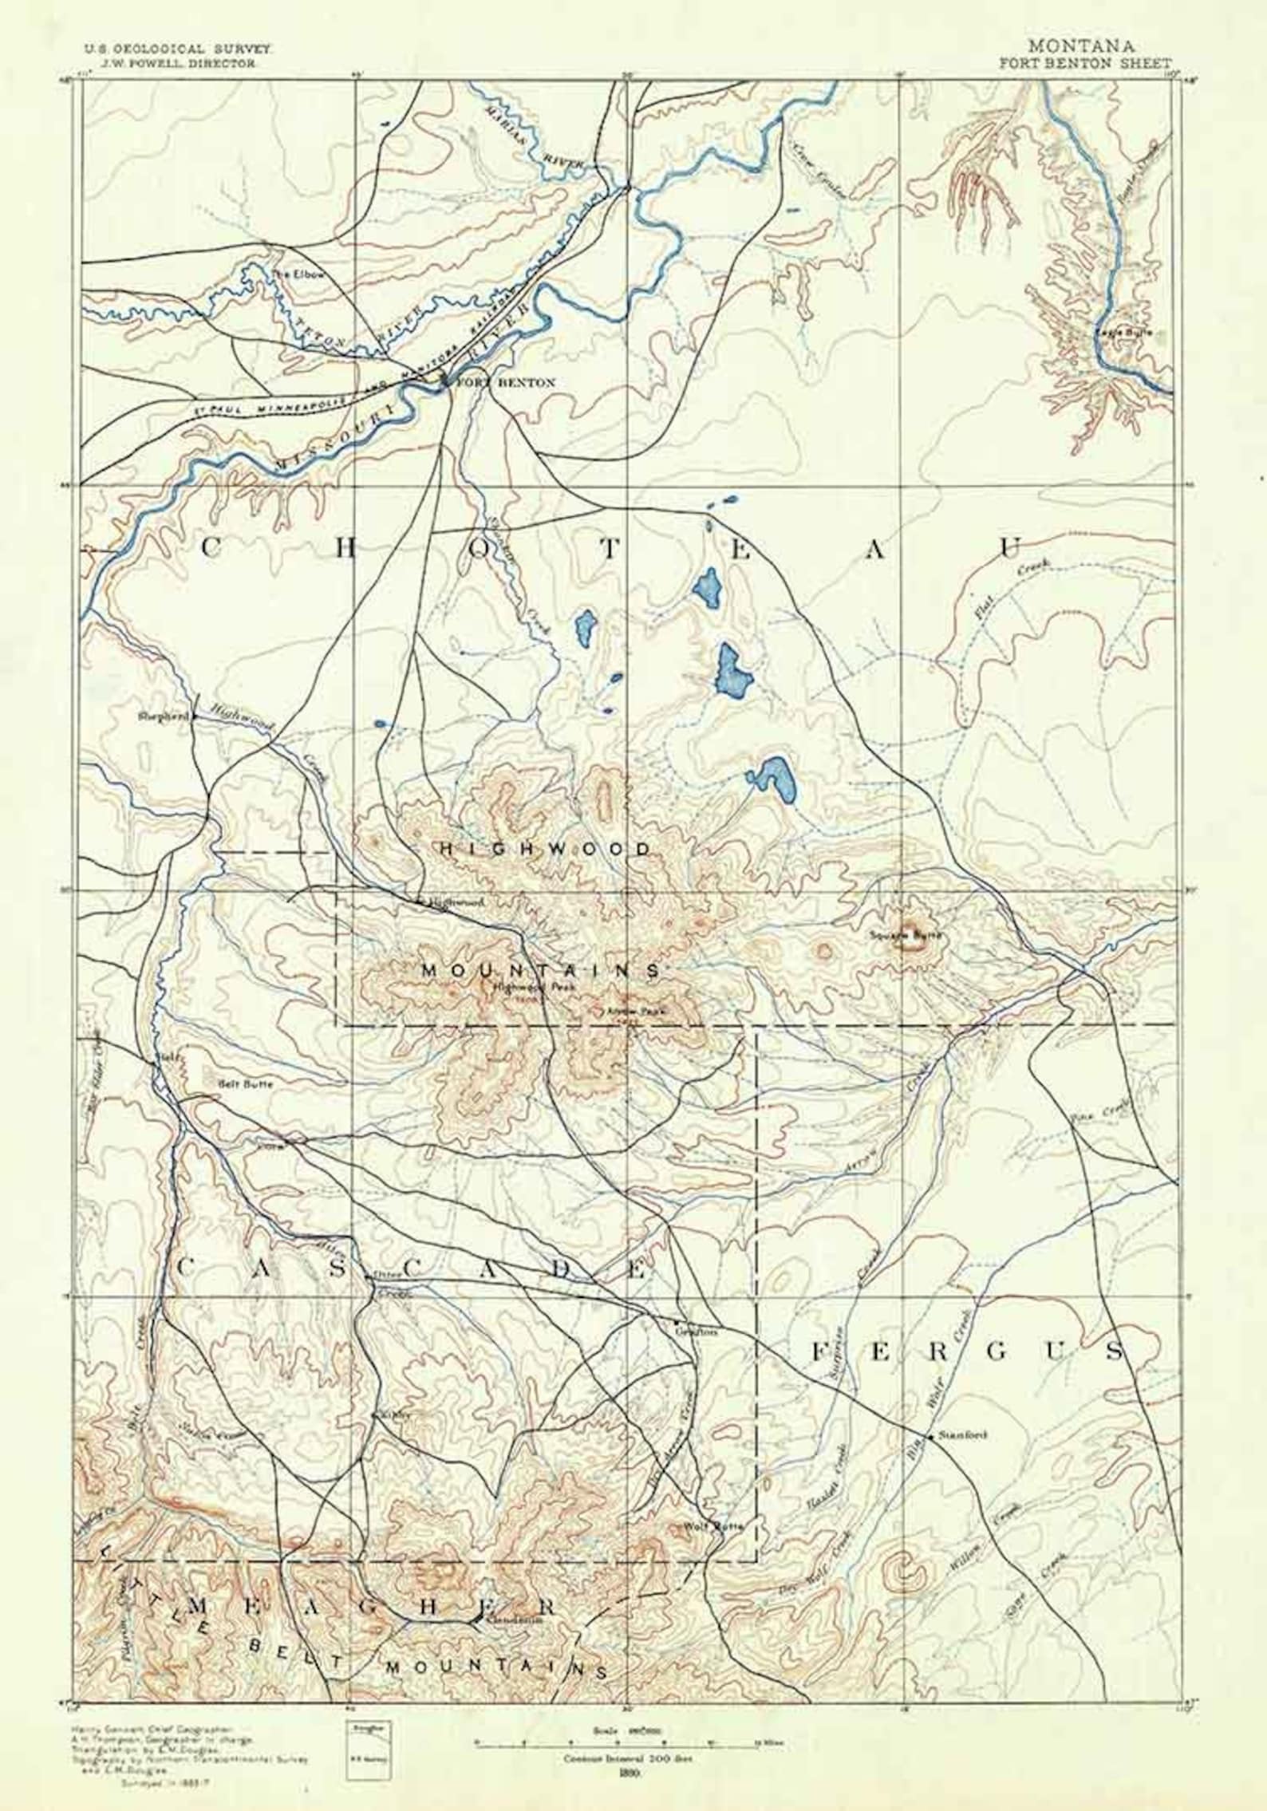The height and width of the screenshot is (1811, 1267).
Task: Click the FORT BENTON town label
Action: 505,383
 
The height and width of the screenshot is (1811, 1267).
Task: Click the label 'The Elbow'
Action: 288,274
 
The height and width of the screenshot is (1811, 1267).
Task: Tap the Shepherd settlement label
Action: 163,716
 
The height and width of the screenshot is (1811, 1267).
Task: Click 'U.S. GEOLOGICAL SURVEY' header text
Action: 179,49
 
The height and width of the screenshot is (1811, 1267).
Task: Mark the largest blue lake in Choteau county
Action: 733,670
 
